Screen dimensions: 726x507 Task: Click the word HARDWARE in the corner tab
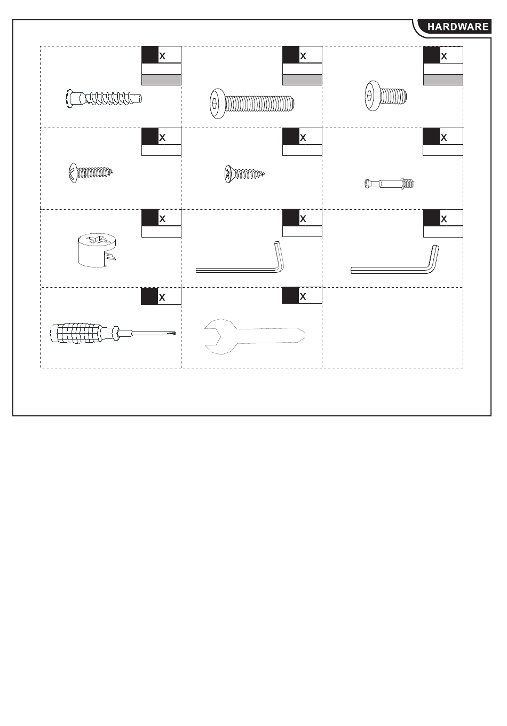point(458,27)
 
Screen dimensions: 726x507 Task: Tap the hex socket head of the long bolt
point(216,104)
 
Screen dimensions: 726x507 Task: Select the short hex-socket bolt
point(385,97)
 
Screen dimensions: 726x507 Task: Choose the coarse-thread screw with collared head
point(104,98)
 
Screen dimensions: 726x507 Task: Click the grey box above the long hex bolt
point(302,80)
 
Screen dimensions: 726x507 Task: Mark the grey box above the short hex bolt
point(443,80)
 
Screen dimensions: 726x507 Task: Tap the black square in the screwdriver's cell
point(149,296)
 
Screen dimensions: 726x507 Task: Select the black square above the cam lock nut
point(149,218)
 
